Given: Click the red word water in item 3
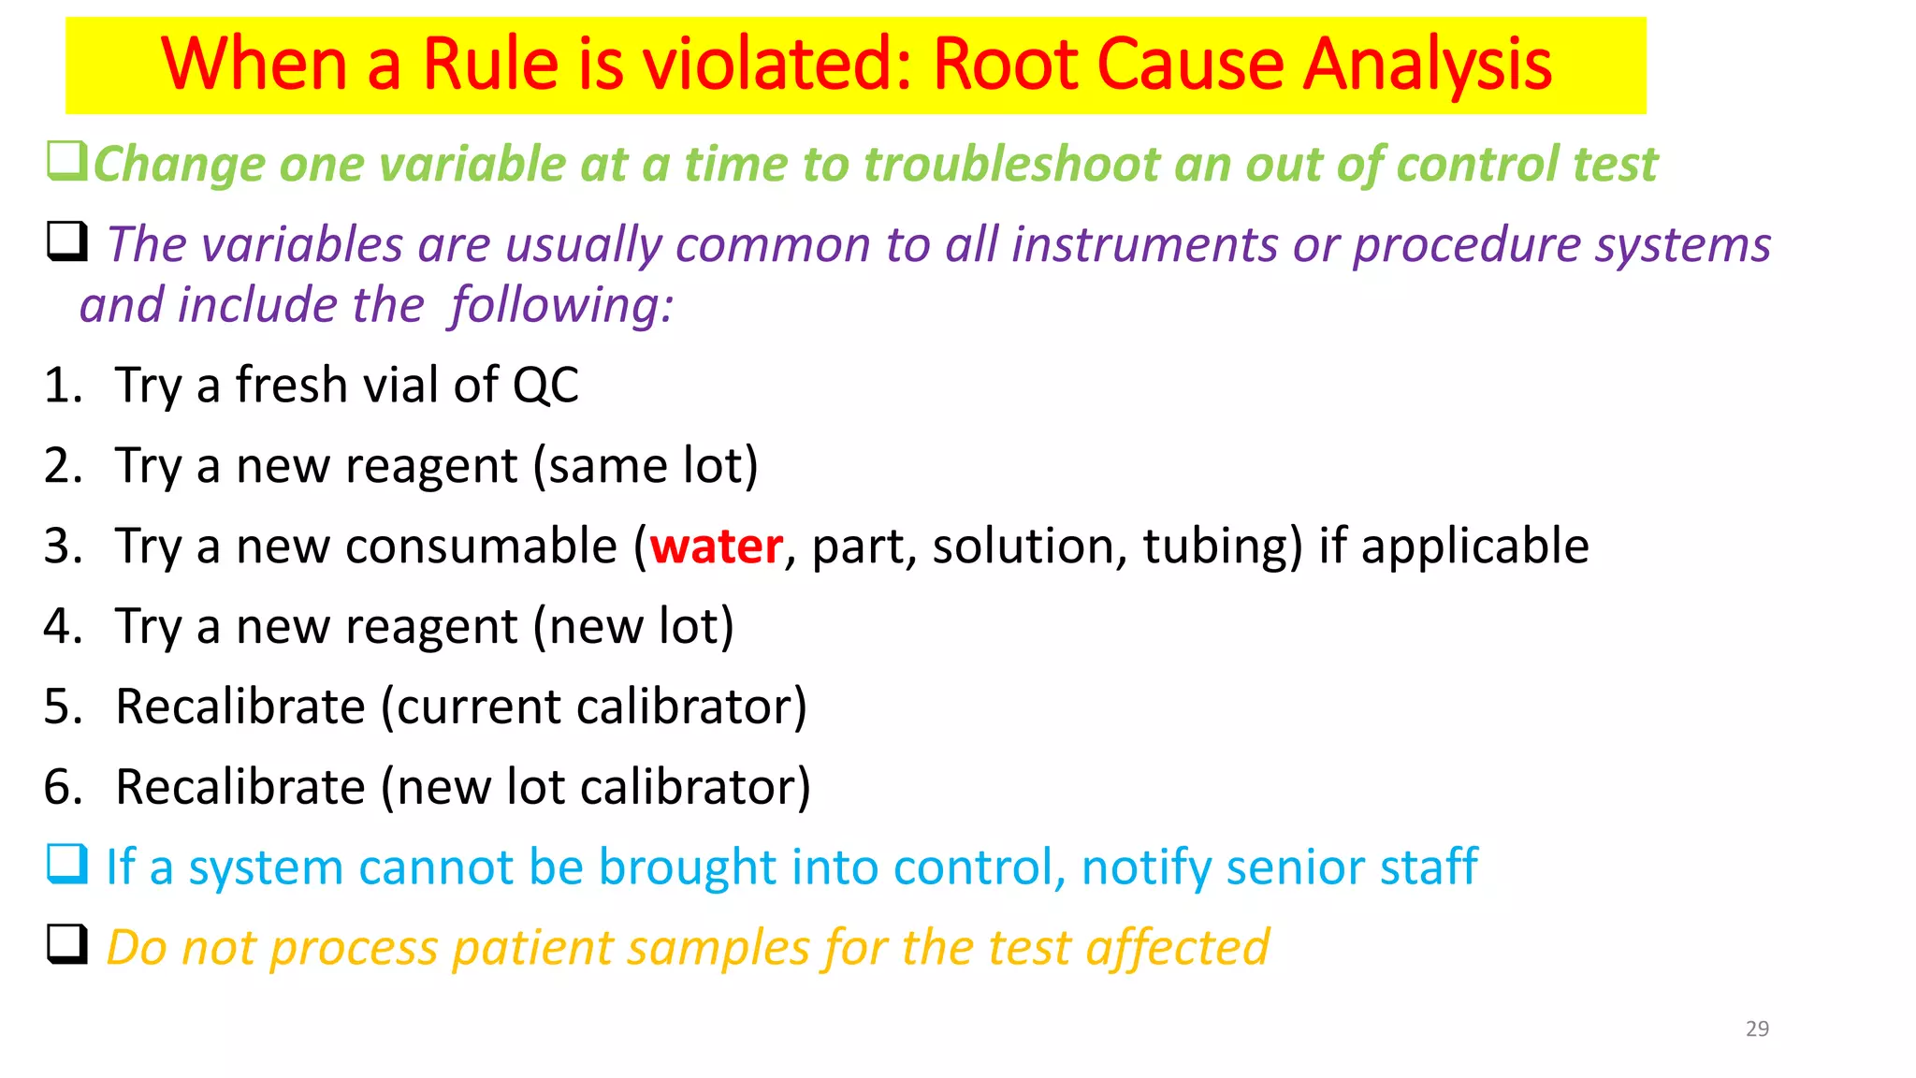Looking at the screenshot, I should tap(716, 546).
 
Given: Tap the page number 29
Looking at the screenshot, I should tap(1757, 1028).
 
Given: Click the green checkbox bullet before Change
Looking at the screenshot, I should tap(67, 161).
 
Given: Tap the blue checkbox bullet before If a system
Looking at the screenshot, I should tap(67, 865).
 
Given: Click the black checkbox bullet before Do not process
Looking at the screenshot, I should tap(67, 944).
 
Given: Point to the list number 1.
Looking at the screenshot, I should tap(62, 386).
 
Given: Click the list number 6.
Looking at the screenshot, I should tap(62, 787).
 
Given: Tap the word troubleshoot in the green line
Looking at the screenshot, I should tap(1011, 165).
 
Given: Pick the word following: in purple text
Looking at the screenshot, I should tap(561, 306).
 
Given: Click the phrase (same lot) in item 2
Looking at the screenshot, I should tap(646, 466).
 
